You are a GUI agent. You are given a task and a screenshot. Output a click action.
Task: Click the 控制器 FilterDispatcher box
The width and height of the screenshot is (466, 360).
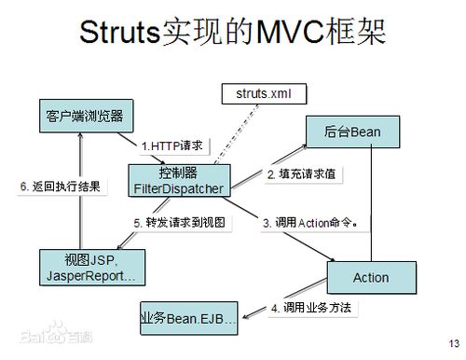click(x=179, y=179)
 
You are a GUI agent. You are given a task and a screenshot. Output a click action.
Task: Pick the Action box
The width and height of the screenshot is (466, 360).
click(x=370, y=278)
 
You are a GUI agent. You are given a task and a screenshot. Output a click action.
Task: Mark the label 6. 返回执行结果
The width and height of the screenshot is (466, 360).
click(x=61, y=186)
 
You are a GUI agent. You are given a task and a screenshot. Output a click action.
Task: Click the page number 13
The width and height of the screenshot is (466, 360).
click(x=453, y=339)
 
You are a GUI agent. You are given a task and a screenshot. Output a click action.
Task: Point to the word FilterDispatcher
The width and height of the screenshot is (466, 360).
click(x=178, y=187)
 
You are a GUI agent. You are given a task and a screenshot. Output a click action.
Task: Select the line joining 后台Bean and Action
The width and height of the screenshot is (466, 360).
click(x=373, y=205)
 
